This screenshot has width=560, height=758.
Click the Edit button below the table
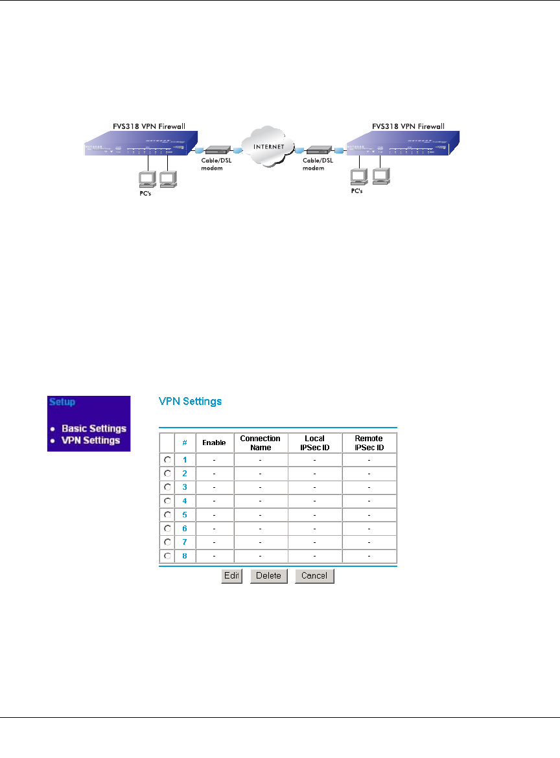231,576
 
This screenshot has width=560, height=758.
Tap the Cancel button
314,576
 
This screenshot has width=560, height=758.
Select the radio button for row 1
167,459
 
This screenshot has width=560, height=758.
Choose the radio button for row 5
167,514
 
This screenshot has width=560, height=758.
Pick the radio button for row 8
167,556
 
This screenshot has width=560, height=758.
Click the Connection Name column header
260,443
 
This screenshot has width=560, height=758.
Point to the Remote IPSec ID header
369,443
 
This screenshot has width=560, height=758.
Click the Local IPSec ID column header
314,443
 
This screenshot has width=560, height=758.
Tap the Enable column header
214,443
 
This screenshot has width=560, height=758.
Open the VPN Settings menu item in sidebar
91,441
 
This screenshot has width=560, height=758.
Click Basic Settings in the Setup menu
94,428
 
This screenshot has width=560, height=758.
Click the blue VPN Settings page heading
190,402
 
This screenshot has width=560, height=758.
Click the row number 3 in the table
185,487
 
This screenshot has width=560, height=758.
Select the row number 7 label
185,542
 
